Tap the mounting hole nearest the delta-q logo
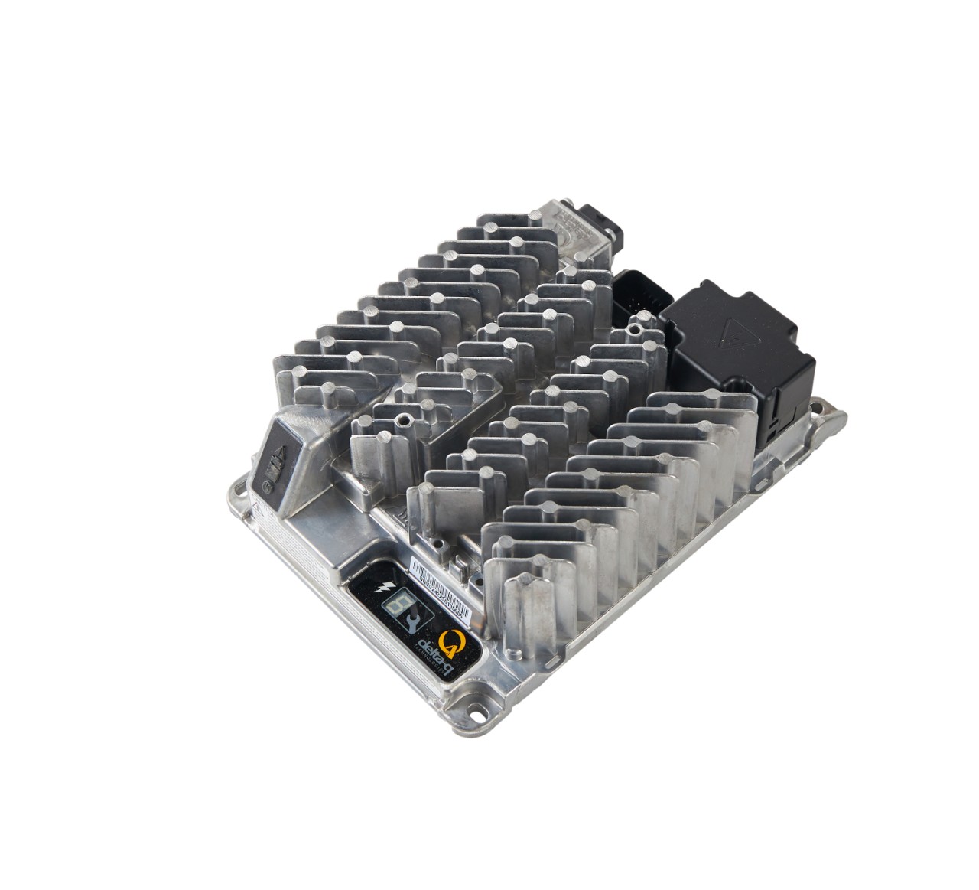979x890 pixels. pyautogui.click(x=475, y=712)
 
